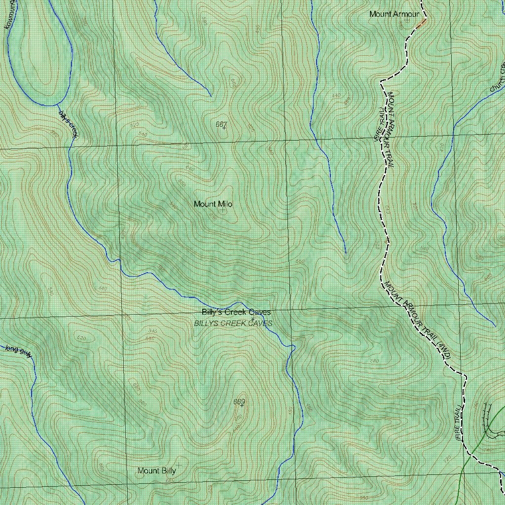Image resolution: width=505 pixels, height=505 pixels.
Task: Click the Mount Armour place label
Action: pos(394,14)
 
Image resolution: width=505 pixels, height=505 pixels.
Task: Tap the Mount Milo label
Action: pos(213,204)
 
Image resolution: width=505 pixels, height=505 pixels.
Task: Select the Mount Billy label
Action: pos(156,470)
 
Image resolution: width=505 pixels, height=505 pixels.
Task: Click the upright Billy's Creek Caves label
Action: pos(236,312)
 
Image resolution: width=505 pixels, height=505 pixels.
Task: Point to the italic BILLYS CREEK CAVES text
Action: pos(233,323)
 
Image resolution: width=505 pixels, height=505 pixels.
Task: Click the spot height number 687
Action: pos(221,124)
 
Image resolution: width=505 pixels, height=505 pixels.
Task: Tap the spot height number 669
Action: pos(239,402)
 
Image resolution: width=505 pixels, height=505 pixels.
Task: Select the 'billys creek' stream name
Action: pos(69,123)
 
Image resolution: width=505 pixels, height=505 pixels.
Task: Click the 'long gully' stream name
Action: pos(19,351)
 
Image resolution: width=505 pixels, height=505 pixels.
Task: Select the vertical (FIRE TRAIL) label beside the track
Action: pos(458,422)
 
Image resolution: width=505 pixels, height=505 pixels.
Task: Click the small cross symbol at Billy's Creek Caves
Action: pos(252,320)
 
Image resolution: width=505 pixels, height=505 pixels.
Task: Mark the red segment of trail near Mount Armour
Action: pos(421,23)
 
